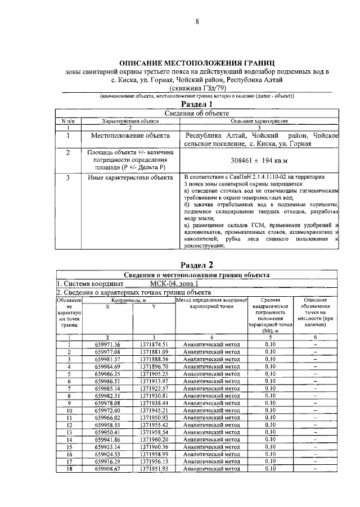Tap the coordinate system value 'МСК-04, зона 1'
point(174,284)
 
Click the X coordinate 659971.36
point(108,344)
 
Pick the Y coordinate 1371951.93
point(154,468)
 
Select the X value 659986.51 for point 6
point(108,381)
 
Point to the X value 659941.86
point(108,439)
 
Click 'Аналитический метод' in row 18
point(210,468)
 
